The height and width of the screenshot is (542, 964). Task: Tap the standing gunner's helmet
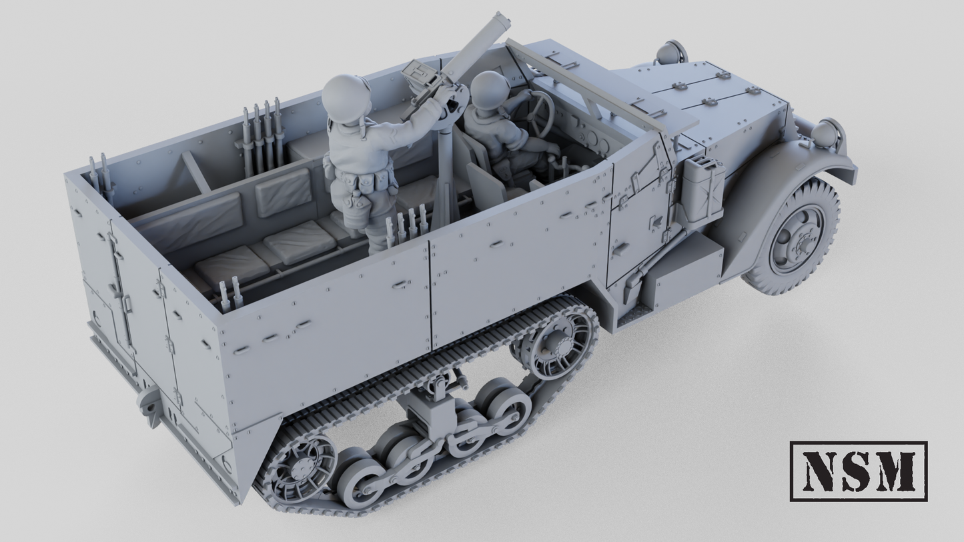point(346,97)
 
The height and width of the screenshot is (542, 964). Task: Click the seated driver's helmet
point(490,89)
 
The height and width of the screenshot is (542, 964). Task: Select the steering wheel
point(539,113)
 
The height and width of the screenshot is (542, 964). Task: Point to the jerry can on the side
point(702,190)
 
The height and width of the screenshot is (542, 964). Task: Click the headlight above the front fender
point(826,133)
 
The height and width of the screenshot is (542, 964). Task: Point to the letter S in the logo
point(858,471)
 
